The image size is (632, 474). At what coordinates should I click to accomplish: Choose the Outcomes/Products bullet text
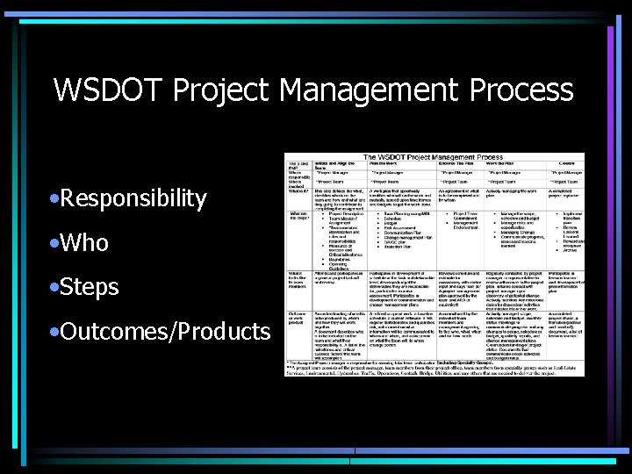[165, 332]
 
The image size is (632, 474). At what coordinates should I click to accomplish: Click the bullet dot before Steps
[54, 287]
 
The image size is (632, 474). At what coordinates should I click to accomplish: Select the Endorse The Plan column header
[460, 164]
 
